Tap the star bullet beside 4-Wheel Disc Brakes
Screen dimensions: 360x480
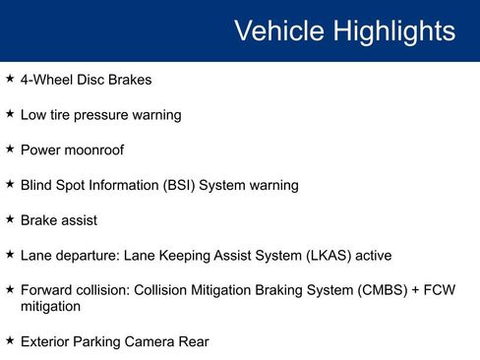(x=10, y=79)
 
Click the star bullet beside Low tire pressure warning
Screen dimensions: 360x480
(x=10, y=114)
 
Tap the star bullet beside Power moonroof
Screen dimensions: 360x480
(x=10, y=150)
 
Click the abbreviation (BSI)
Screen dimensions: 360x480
(x=174, y=185)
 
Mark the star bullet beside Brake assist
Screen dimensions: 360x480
(x=10, y=219)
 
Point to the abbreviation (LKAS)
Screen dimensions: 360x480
(x=326, y=256)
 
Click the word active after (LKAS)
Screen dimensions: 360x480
(x=372, y=256)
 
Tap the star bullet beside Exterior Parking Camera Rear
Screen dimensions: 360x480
(x=10, y=340)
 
